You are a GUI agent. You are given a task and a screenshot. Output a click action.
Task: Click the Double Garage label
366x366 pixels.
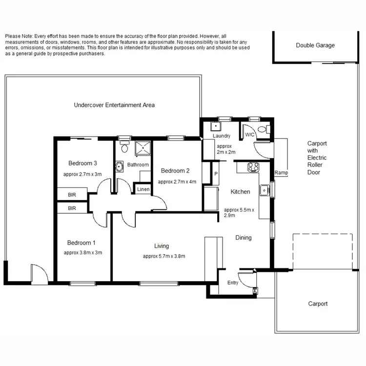coord(315,45)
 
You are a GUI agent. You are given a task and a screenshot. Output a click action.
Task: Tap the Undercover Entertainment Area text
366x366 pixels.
coord(114,105)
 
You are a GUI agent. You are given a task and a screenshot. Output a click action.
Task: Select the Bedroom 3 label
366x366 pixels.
coord(82,163)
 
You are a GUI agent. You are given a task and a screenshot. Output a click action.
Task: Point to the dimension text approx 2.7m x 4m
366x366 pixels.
coord(177,182)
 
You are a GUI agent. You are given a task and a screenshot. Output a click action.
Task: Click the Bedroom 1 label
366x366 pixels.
coord(81,243)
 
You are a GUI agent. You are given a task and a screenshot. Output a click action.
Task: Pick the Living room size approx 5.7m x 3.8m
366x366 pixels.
coord(164,256)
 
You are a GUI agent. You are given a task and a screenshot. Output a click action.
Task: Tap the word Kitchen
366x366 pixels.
coord(240,192)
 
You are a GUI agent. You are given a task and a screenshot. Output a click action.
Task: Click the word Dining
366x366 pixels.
coord(244,238)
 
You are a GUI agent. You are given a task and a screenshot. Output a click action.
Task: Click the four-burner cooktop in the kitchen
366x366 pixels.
coord(253,167)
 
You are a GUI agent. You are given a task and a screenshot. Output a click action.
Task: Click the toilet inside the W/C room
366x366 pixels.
coord(263,129)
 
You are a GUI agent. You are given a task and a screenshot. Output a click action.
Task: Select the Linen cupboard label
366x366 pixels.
coord(143,189)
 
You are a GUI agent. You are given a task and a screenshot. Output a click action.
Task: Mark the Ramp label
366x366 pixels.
coord(281,173)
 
